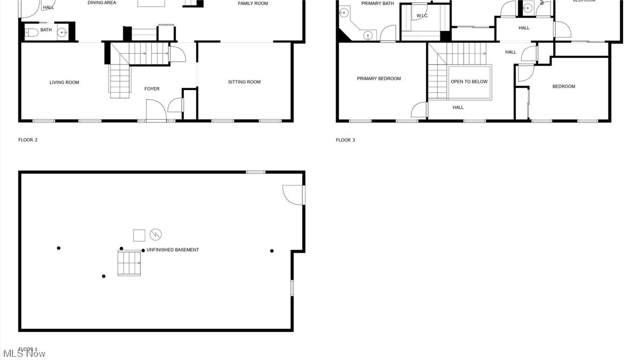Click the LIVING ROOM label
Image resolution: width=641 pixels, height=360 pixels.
pyautogui.click(x=65, y=82)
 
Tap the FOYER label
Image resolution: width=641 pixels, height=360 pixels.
pyautogui.click(x=152, y=89)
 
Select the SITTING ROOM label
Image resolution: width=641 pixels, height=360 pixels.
pyautogui.click(x=244, y=82)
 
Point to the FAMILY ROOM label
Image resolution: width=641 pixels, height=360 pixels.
pyautogui.click(x=253, y=3)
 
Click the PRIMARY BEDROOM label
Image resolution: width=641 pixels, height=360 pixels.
pyautogui.click(x=379, y=79)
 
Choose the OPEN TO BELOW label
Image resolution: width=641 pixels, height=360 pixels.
pyautogui.click(x=469, y=82)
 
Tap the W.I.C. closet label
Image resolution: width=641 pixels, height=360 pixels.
pyautogui.click(x=422, y=16)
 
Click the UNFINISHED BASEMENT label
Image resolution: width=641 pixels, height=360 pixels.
pyautogui.click(x=172, y=250)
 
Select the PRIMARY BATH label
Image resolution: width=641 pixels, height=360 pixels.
pyautogui.click(x=377, y=3)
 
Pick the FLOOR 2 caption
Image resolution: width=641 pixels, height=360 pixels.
pyautogui.click(x=28, y=140)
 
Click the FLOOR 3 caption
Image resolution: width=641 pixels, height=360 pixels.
pyautogui.click(x=345, y=140)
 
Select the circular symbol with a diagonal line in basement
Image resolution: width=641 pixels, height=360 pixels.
pyautogui.click(x=156, y=235)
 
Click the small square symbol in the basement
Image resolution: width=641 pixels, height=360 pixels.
pyautogui.click(x=139, y=235)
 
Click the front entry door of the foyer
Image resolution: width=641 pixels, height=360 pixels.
pyautogui.click(x=156, y=111)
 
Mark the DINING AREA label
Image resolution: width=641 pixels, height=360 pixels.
pyautogui.click(x=102, y=3)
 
